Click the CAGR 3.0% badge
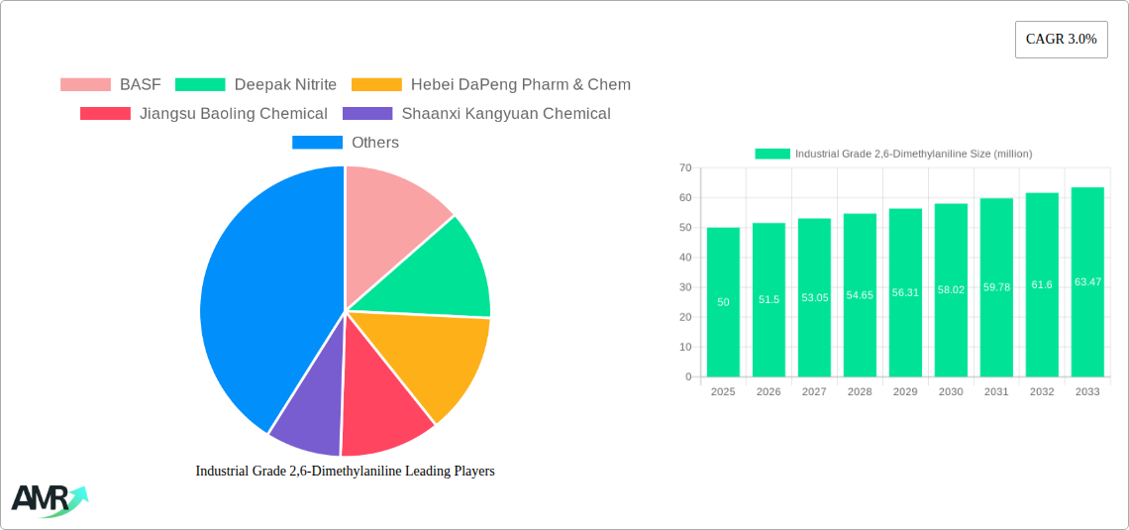point(1061,40)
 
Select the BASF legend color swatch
point(85,85)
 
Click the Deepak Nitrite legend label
point(285,85)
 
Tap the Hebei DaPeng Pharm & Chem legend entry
point(520,85)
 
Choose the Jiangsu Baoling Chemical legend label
point(234,114)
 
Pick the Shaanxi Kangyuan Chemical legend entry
point(505,114)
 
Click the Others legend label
point(375,143)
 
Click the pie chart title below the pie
point(345,472)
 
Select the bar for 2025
point(723,302)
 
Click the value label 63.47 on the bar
point(1087,282)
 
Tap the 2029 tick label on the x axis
point(905,392)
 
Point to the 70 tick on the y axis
point(685,168)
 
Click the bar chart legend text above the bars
point(913,154)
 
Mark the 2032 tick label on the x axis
point(1042,392)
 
